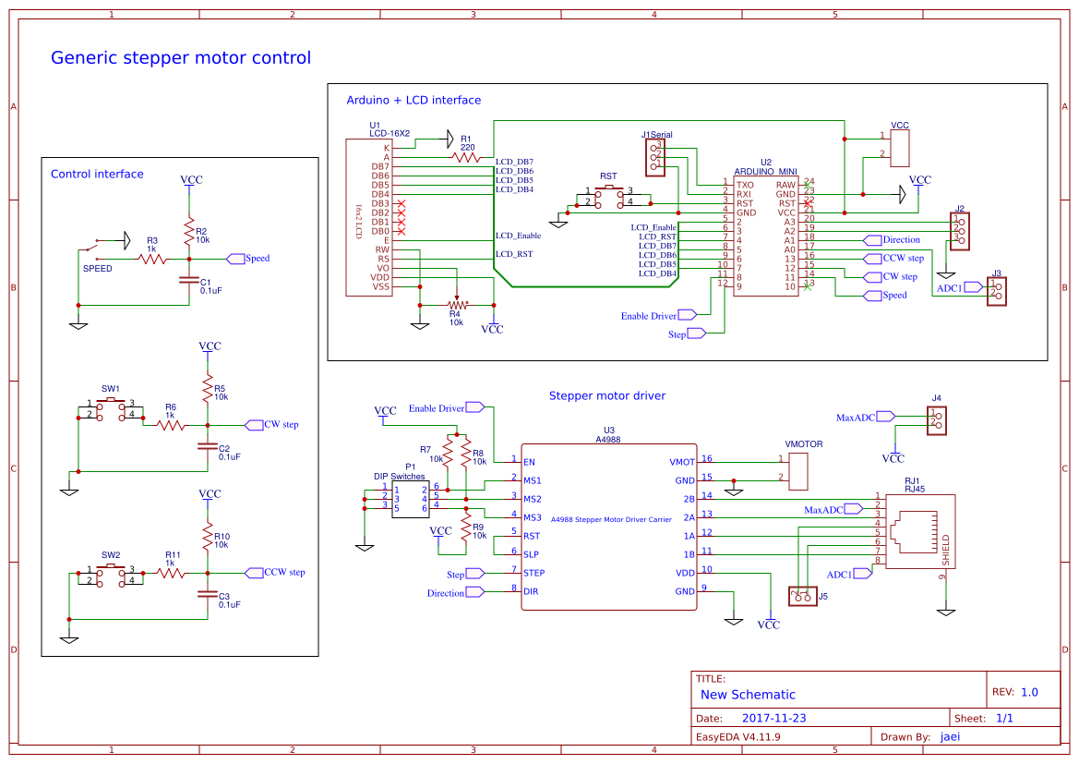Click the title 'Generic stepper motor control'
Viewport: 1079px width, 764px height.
point(181,58)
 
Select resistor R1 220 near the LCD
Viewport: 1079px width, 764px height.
point(467,158)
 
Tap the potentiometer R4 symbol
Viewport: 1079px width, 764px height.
point(456,305)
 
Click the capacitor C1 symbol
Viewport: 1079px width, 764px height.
point(189,279)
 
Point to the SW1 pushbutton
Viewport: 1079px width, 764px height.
point(112,409)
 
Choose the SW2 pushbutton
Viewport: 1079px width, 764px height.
point(112,574)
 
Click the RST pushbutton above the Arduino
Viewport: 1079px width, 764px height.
point(608,196)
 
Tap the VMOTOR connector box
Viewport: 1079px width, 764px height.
point(798,470)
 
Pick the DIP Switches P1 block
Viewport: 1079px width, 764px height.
point(410,499)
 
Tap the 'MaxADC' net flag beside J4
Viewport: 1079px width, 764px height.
point(858,418)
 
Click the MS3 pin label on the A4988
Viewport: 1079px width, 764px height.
point(533,517)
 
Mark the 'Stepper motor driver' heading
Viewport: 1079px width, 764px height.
point(606,395)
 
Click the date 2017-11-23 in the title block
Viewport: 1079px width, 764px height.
point(773,718)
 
